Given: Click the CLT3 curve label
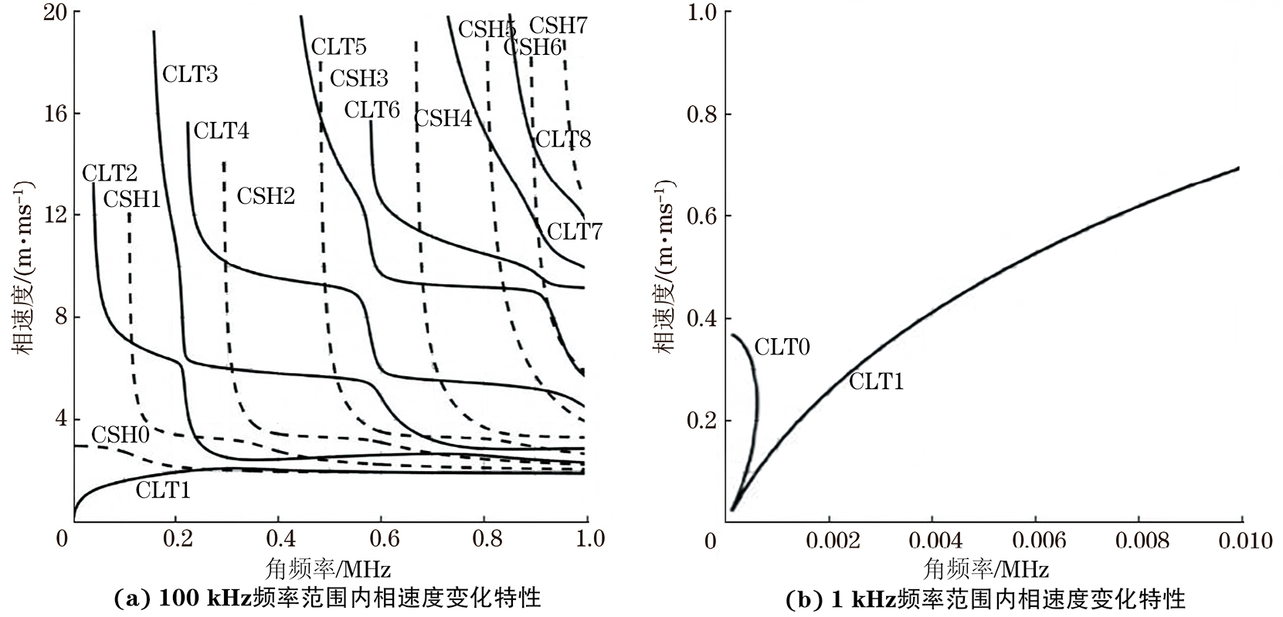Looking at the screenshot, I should (x=190, y=74).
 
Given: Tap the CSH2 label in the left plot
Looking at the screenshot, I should (x=266, y=196).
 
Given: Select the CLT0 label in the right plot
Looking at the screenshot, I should (x=782, y=347).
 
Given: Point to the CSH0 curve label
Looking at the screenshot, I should (x=120, y=434).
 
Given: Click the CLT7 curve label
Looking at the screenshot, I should (x=575, y=232).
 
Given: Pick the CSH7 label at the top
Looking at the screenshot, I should (x=558, y=25).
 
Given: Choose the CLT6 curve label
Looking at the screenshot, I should (x=372, y=110).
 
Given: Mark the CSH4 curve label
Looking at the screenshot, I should (x=443, y=118).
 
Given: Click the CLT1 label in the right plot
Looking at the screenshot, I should (x=876, y=381).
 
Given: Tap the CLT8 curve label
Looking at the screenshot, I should (x=563, y=140).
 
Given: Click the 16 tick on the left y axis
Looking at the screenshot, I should (x=53, y=114).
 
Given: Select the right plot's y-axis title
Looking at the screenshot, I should (x=666, y=266).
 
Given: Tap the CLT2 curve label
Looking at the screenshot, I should (x=110, y=173).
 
